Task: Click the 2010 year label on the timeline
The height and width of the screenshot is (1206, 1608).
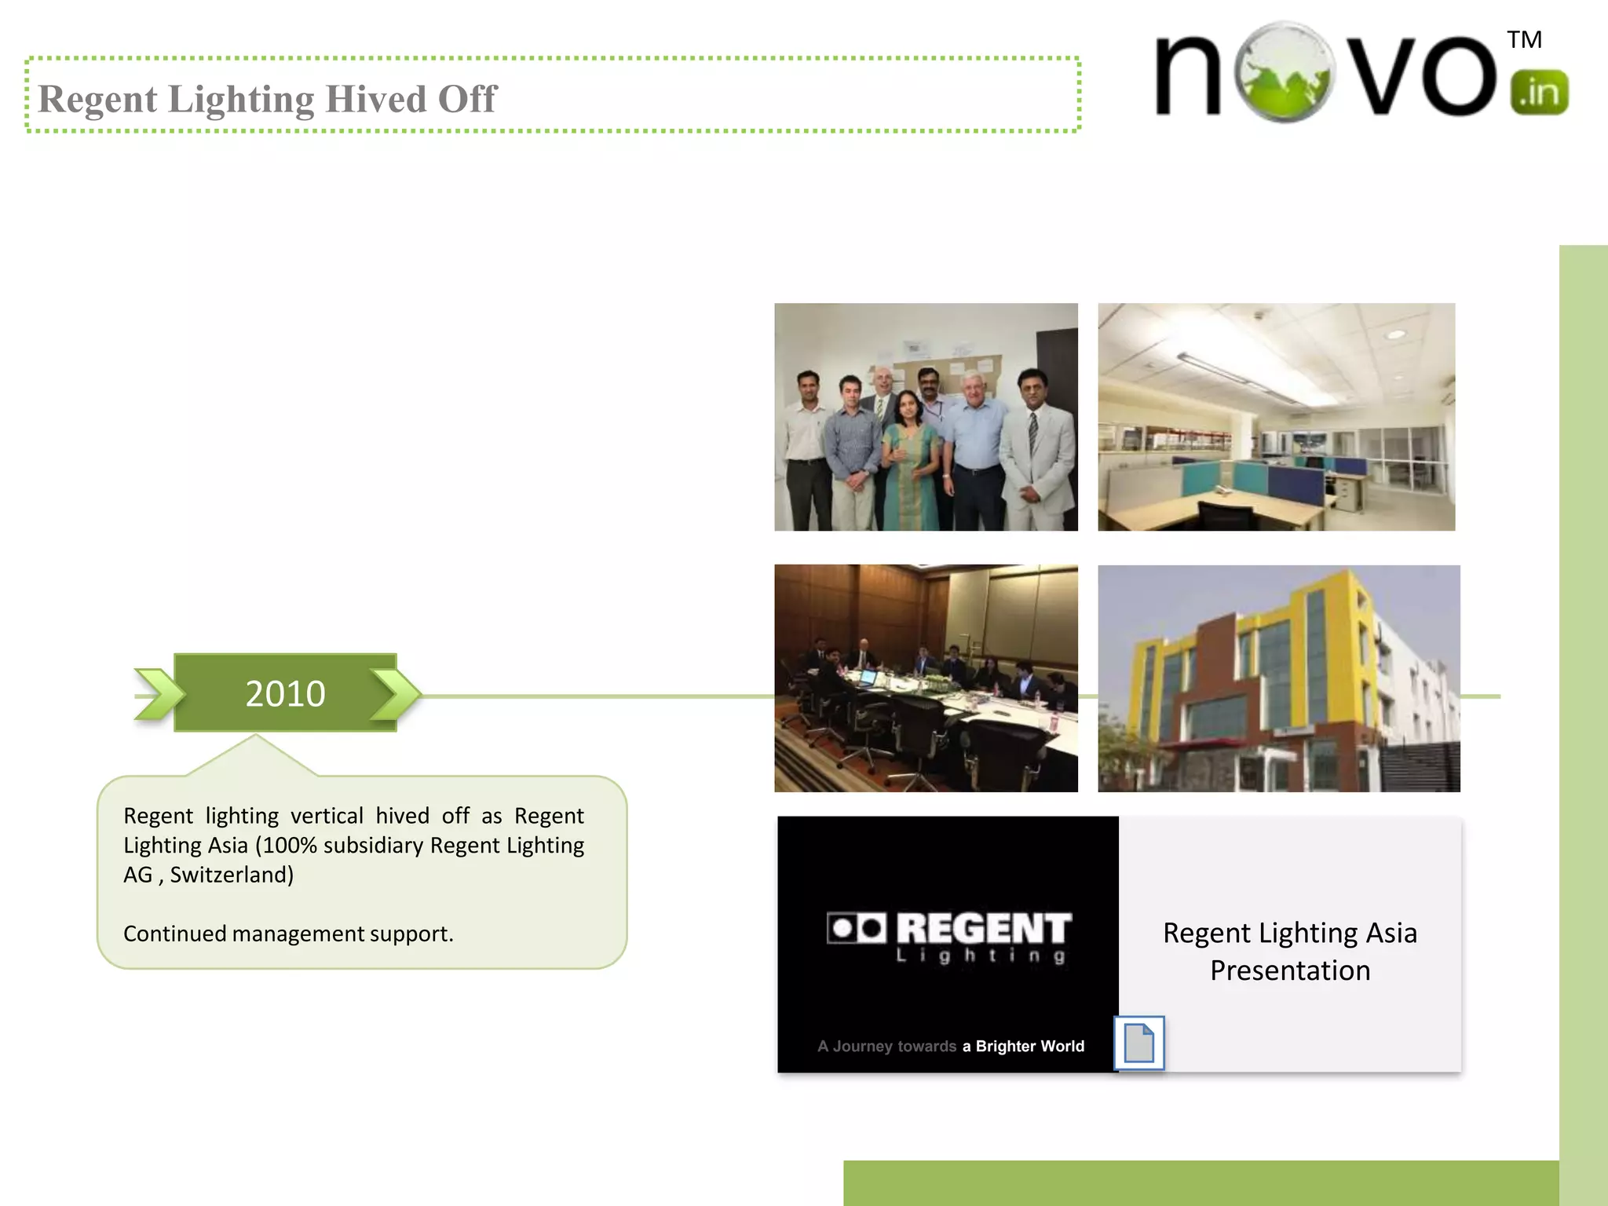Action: coord(285,694)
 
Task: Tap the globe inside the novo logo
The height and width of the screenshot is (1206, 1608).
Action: coord(1284,72)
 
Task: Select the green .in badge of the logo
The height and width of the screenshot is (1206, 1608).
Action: coord(1539,93)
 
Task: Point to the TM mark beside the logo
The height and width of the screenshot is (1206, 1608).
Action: coord(1524,40)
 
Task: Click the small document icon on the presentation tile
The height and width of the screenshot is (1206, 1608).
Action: coord(1138,1043)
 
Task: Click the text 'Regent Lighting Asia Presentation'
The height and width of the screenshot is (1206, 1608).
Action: coord(1290,952)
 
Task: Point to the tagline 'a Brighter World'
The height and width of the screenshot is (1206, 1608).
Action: coord(1023,1046)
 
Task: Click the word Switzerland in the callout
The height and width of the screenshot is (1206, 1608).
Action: coord(232,875)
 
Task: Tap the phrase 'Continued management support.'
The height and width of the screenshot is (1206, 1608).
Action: coord(288,934)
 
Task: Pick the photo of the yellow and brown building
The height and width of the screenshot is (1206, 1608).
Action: coord(1278,678)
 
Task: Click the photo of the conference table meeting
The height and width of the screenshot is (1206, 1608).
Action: coord(926,678)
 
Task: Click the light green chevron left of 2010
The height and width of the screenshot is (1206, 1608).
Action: coord(159,694)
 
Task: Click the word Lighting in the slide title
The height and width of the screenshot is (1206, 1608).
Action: coord(241,100)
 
